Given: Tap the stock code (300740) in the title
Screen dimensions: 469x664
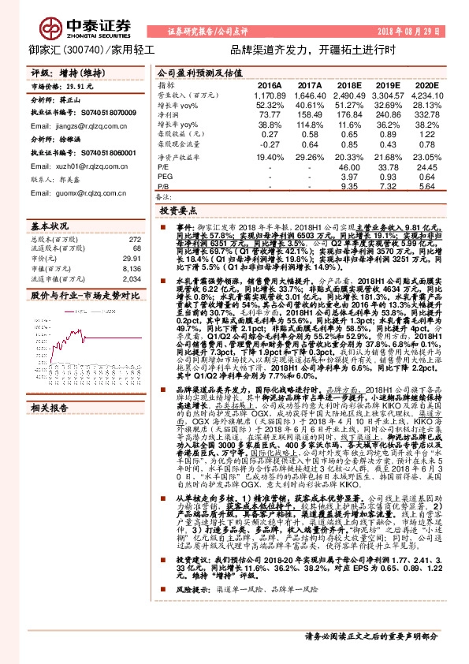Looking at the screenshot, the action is [80, 48].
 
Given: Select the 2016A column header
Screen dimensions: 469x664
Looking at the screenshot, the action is [270, 84].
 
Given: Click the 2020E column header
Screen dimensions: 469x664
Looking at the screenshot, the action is [424, 84].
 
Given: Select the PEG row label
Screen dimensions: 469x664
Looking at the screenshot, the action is [165, 177].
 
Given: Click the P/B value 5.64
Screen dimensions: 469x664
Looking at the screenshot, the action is [424, 188].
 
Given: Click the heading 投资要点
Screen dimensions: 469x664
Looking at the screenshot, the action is [177, 213].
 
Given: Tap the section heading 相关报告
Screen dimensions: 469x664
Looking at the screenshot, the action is [50, 408].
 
